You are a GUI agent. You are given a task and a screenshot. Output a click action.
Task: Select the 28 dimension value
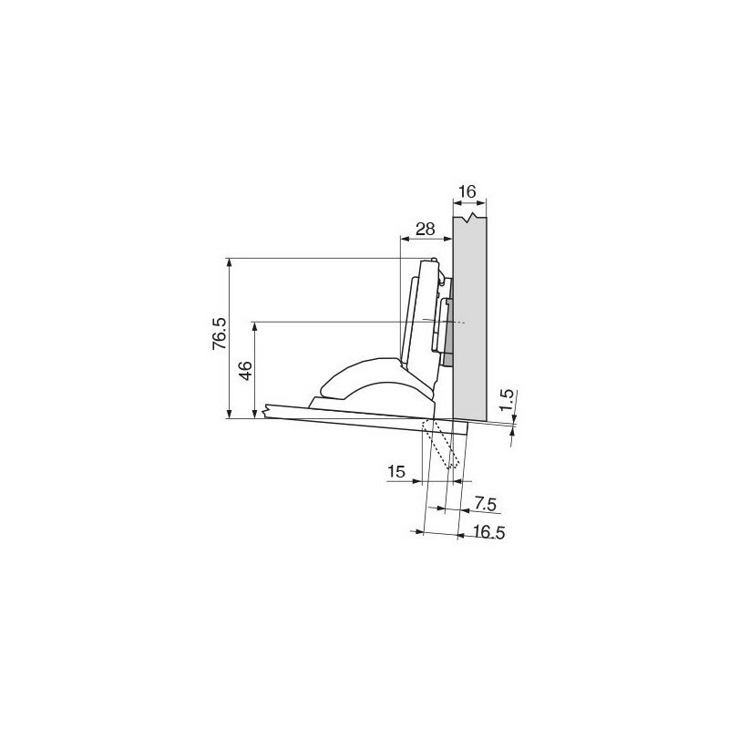tap(425, 229)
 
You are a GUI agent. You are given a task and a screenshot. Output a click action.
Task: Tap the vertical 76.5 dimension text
tap(220, 334)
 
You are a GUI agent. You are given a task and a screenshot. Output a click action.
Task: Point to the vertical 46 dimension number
tap(246, 370)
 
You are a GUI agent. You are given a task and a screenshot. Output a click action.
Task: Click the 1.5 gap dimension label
tap(508, 399)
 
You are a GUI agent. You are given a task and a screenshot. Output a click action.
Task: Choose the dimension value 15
tap(396, 471)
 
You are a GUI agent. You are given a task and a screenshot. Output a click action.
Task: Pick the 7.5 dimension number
tap(486, 504)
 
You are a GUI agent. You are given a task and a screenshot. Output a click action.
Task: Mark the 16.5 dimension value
tap(488, 532)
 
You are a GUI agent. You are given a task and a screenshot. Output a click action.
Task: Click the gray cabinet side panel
tap(469, 317)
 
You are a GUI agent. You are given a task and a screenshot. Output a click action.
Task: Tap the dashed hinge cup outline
tap(440, 444)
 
